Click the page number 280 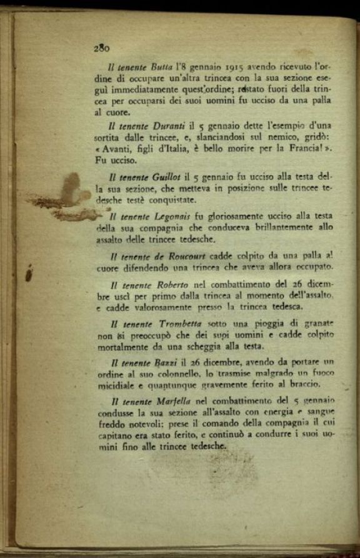(102, 48)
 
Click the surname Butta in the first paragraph (161, 66)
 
